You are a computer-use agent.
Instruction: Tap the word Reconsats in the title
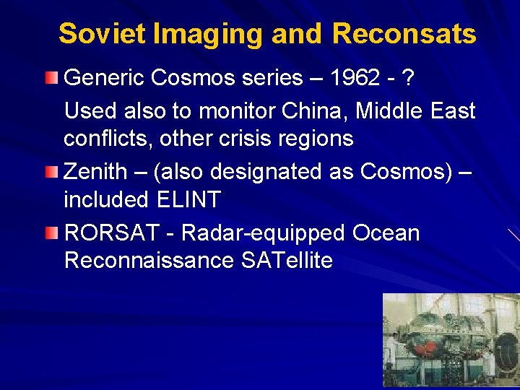[404, 34]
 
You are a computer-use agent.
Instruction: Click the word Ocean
[386, 233]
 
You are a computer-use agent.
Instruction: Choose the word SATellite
[287, 260]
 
